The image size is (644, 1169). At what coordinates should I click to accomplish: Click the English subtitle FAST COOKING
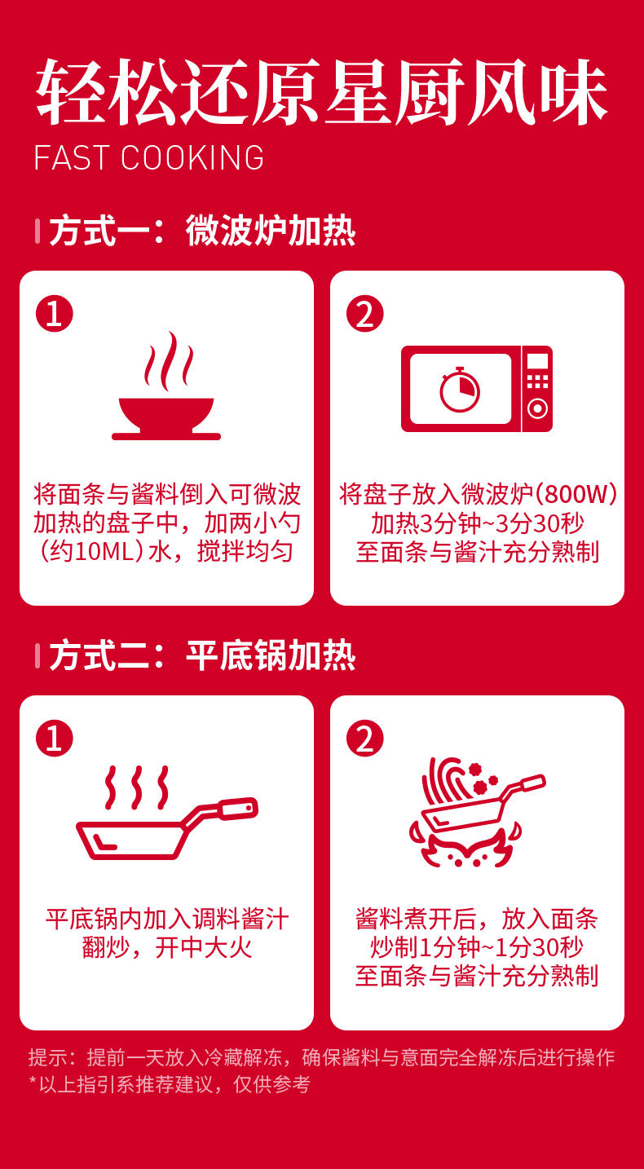click(x=148, y=157)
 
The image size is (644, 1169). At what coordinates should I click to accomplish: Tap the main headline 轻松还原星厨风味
click(x=321, y=92)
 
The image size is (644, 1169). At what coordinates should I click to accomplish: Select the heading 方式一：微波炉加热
click(x=202, y=231)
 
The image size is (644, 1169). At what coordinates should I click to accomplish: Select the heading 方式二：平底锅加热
click(x=202, y=655)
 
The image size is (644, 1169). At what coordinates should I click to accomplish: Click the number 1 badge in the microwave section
click(x=55, y=314)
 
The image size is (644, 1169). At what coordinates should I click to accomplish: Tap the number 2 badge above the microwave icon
click(x=364, y=314)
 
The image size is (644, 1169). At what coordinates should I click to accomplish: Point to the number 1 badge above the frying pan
click(x=55, y=739)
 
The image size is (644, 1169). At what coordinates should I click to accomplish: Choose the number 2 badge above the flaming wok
click(x=364, y=739)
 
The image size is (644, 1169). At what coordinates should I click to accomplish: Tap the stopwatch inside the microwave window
click(x=459, y=390)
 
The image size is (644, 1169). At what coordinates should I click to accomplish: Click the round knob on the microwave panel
click(x=537, y=408)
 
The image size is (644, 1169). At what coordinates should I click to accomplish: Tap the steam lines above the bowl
click(x=169, y=361)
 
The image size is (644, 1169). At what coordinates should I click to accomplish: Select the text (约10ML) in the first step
click(x=92, y=552)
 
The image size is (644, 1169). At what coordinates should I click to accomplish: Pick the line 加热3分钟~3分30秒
click(x=477, y=523)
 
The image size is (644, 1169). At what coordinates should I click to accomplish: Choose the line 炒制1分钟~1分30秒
click(x=476, y=947)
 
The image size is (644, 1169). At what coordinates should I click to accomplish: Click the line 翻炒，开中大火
click(x=167, y=947)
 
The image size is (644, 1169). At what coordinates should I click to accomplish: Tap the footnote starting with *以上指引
click(x=170, y=1084)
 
